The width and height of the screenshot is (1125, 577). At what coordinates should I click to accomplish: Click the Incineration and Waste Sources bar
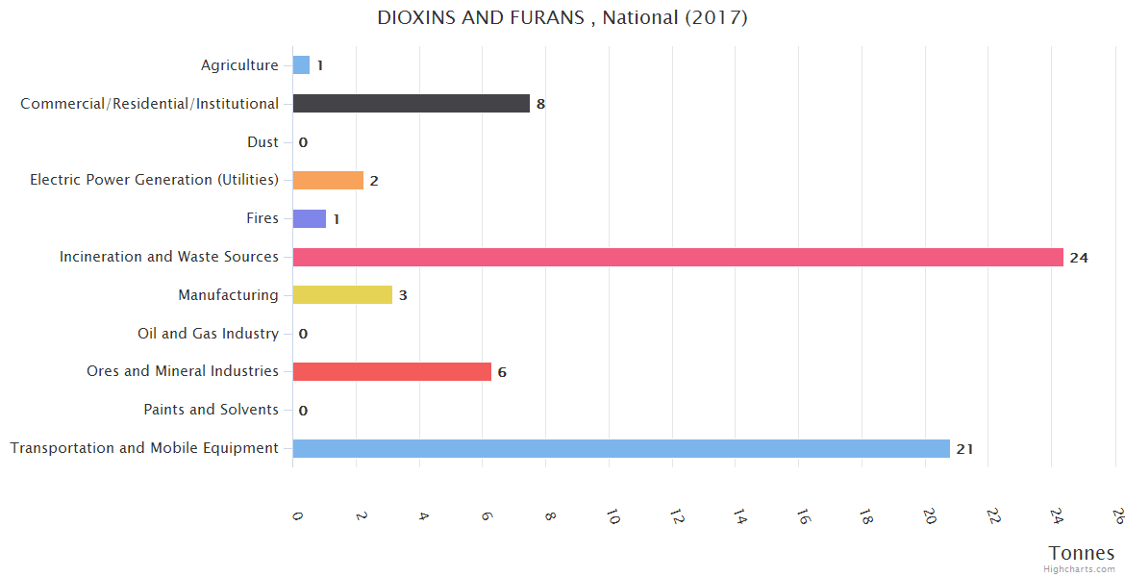click(x=678, y=257)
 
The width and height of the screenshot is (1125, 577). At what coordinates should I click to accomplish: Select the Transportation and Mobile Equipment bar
click(x=621, y=448)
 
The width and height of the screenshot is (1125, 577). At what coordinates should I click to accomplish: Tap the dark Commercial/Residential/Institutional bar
click(x=411, y=103)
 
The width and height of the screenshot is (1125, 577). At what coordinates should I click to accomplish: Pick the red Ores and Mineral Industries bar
click(x=391, y=371)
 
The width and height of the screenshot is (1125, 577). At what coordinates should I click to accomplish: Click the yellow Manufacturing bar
click(x=342, y=295)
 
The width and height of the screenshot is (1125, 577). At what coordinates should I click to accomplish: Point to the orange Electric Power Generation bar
click(x=328, y=180)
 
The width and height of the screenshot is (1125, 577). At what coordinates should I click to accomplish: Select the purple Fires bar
click(x=310, y=218)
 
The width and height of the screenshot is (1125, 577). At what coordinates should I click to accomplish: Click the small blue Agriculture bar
click(x=301, y=65)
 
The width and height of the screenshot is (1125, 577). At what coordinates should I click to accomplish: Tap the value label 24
click(x=1078, y=257)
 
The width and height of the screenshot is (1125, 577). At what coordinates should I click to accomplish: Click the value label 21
click(x=964, y=449)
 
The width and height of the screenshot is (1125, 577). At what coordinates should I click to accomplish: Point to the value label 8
click(x=540, y=104)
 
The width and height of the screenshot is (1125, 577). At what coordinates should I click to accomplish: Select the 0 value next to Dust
click(x=303, y=142)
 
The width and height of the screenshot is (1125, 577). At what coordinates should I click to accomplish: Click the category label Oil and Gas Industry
click(x=208, y=334)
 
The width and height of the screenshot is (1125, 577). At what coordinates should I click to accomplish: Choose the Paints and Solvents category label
click(x=211, y=410)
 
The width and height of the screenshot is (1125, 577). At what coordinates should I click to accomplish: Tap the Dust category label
click(x=262, y=142)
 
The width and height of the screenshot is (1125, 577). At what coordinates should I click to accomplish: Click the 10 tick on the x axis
click(x=612, y=516)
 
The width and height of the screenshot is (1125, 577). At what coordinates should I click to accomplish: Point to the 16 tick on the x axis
click(x=802, y=516)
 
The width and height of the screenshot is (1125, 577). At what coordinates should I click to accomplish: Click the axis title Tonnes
click(x=1082, y=553)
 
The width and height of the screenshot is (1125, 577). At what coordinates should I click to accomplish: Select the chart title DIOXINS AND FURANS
click(x=562, y=17)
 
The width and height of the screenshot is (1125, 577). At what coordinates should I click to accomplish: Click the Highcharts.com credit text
click(x=1079, y=569)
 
